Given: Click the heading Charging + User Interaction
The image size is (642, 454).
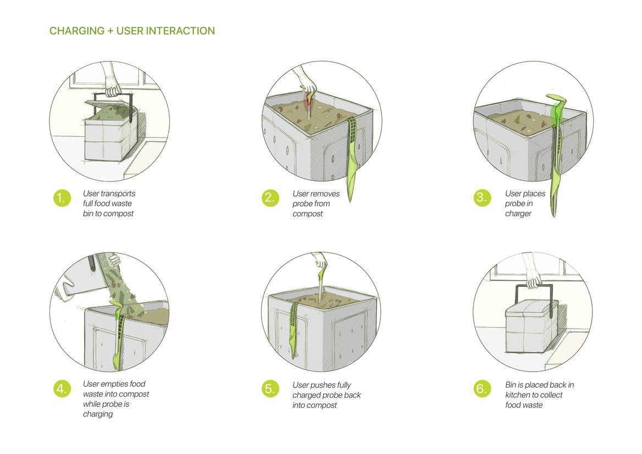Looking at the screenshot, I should point(132,31).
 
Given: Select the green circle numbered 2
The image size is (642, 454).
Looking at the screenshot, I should point(269,198).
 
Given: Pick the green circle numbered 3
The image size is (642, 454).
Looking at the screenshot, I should point(481,198).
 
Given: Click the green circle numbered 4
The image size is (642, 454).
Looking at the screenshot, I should point(62,389).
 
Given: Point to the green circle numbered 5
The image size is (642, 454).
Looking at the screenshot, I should point(269,389).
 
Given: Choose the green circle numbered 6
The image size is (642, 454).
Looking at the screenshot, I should point(481,389).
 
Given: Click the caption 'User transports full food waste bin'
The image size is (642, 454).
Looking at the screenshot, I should point(109,203).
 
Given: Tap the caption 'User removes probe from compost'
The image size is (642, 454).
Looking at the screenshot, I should point(316,203).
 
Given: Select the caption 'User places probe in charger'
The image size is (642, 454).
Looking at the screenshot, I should point(525,203).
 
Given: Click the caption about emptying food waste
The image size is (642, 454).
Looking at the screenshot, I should point(115,398).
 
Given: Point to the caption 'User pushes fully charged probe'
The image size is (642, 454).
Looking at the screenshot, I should point(326,395).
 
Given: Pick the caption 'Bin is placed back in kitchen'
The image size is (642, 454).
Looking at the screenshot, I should point(539,395).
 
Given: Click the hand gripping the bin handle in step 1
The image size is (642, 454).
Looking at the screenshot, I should point(113,88).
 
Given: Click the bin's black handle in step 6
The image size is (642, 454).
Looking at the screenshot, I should point(532,289).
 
